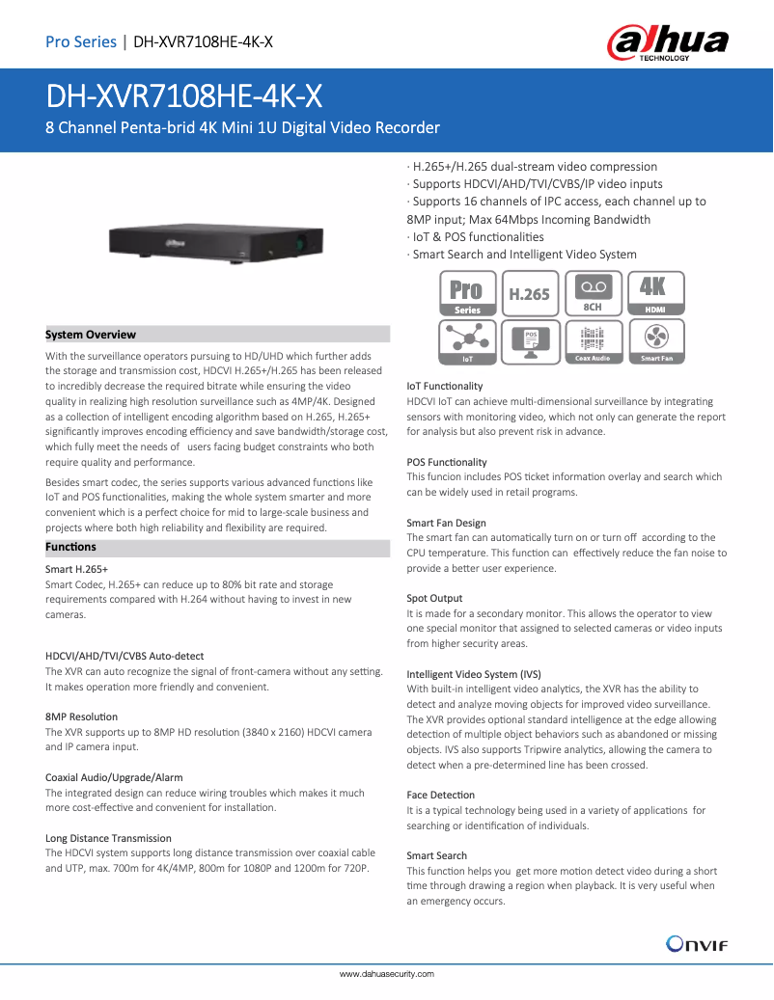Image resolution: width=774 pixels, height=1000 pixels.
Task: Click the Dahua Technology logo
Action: coord(667,43)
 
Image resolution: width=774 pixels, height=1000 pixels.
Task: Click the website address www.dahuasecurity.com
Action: coord(386,974)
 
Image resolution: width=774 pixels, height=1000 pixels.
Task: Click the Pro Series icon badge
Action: coord(467,293)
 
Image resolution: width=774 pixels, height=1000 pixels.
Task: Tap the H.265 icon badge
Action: coord(529,293)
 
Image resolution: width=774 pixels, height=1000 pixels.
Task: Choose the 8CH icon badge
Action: coord(593,293)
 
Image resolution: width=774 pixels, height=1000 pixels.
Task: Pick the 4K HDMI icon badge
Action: coord(656,293)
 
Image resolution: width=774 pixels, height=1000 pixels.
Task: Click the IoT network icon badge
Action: coord(467,341)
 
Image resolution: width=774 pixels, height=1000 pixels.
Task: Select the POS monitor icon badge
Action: coord(529,341)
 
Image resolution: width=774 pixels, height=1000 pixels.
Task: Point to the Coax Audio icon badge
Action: coord(593,341)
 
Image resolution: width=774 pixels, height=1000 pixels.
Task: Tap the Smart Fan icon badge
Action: coord(656,341)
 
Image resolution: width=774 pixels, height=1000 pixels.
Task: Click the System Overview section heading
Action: coord(91,335)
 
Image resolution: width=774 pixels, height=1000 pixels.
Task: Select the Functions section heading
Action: coord(70,547)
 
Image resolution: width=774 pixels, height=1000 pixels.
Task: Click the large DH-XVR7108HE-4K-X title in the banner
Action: coord(184,96)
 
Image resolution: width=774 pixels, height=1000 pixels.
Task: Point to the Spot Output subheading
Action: coord(434,598)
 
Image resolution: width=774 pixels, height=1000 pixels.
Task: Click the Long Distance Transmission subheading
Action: coord(108,838)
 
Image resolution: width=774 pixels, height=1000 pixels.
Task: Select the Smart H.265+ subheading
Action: coord(76,570)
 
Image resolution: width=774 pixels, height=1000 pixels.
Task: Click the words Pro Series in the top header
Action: coord(80,41)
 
